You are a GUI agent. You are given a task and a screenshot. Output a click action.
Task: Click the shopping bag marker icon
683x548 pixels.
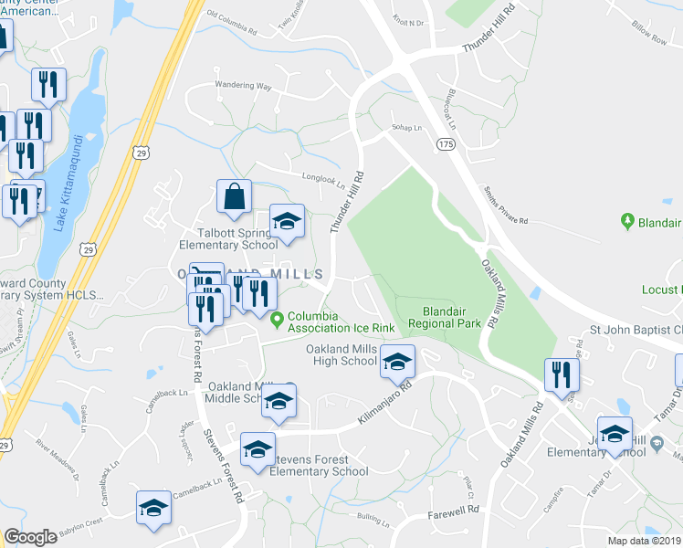coord(235,196)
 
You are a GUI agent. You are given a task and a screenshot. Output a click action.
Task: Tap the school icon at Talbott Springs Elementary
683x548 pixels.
coord(287,222)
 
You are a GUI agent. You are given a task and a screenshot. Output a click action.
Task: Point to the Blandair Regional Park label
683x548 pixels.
coord(444,317)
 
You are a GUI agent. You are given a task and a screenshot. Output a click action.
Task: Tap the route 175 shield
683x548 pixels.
coord(445,144)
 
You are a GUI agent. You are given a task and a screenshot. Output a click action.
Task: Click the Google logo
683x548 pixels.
coord(31,536)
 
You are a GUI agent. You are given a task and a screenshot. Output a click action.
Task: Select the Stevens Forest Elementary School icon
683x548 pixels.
coord(257,450)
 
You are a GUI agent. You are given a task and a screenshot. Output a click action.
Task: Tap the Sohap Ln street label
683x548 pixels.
coord(405,128)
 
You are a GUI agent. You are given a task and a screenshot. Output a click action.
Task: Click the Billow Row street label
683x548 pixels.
coord(649,34)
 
